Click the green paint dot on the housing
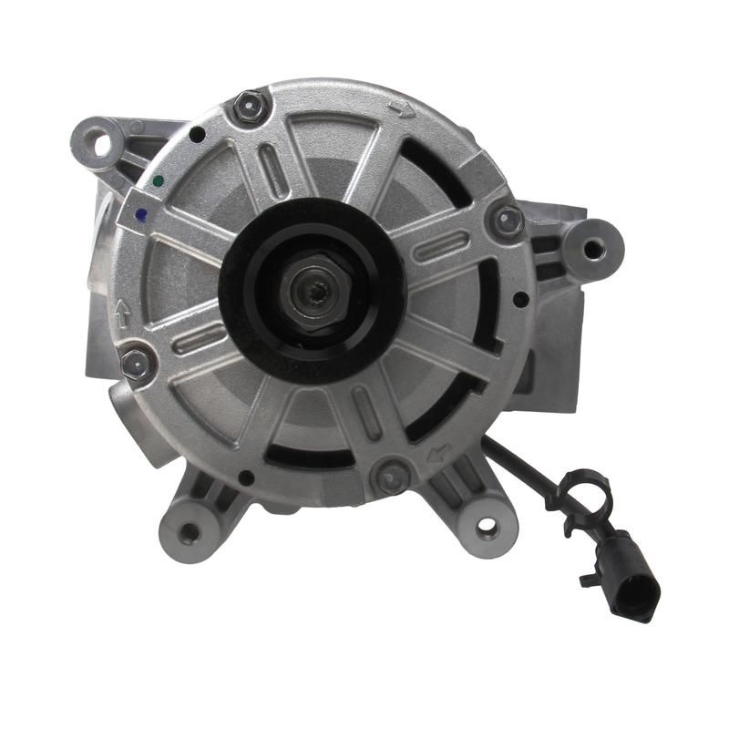coord(159,180)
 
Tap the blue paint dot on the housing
coord(140,216)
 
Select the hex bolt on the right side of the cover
coord(507,220)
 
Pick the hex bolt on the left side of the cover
coord(136,363)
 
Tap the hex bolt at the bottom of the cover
coord(394,476)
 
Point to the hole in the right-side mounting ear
coord(593,248)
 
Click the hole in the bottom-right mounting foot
coord(488,526)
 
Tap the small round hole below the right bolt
coord(519,298)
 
